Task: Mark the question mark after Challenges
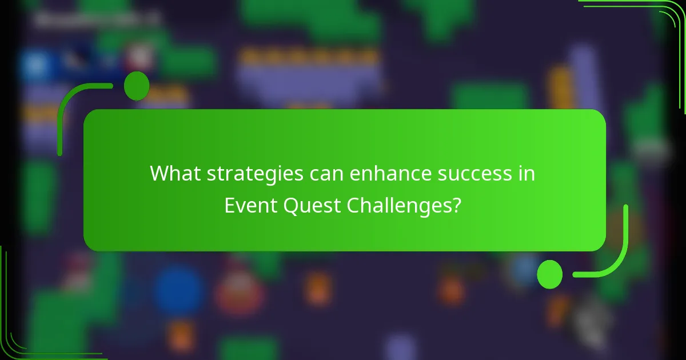456,206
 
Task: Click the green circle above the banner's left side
137,86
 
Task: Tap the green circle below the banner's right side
549,274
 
